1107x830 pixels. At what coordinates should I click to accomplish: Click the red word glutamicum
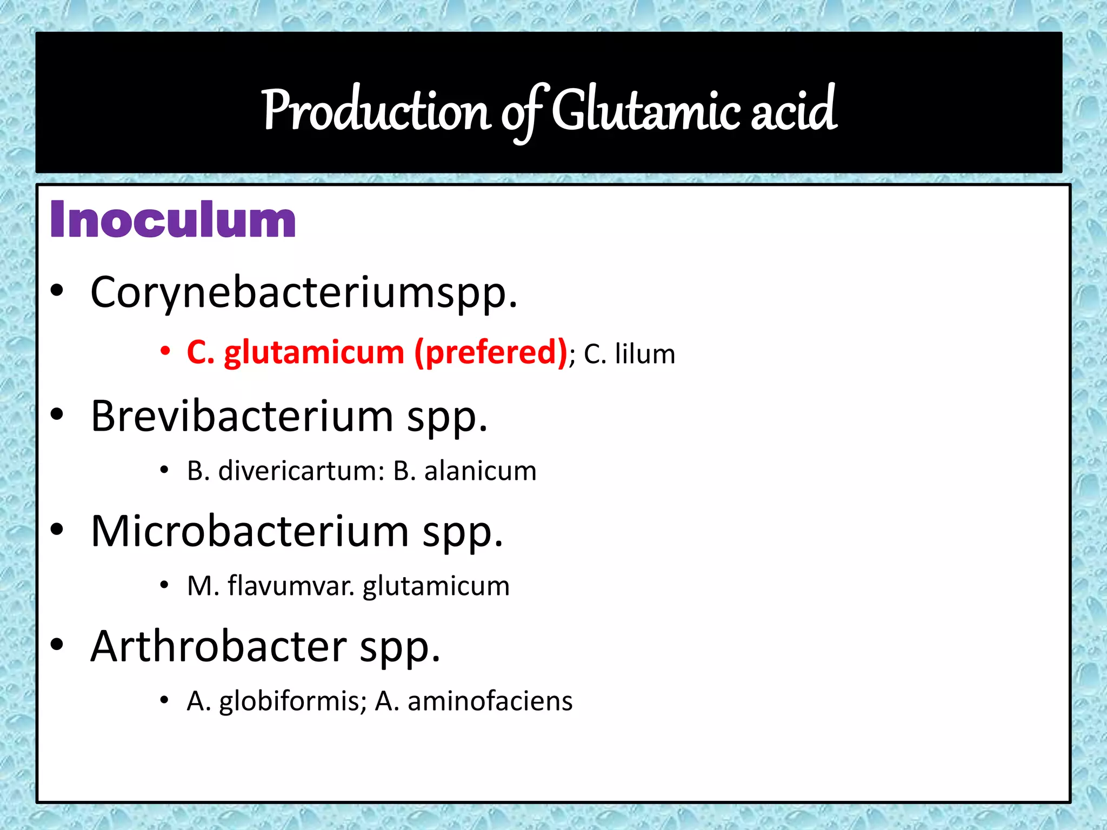click(x=314, y=353)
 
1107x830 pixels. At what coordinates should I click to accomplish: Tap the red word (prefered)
click(x=491, y=353)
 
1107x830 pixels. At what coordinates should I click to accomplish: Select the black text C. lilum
click(x=629, y=354)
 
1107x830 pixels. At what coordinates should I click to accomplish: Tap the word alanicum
click(x=481, y=471)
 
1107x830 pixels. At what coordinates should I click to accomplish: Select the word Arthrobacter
click(x=218, y=647)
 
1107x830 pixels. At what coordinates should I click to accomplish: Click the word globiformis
click(x=289, y=701)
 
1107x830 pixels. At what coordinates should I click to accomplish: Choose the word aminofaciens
click(x=490, y=701)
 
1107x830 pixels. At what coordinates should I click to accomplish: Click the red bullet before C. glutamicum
click(x=165, y=351)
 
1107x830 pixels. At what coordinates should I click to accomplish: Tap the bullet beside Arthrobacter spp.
click(x=57, y=645)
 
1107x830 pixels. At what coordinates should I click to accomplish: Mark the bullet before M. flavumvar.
click(x=165, y=585)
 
